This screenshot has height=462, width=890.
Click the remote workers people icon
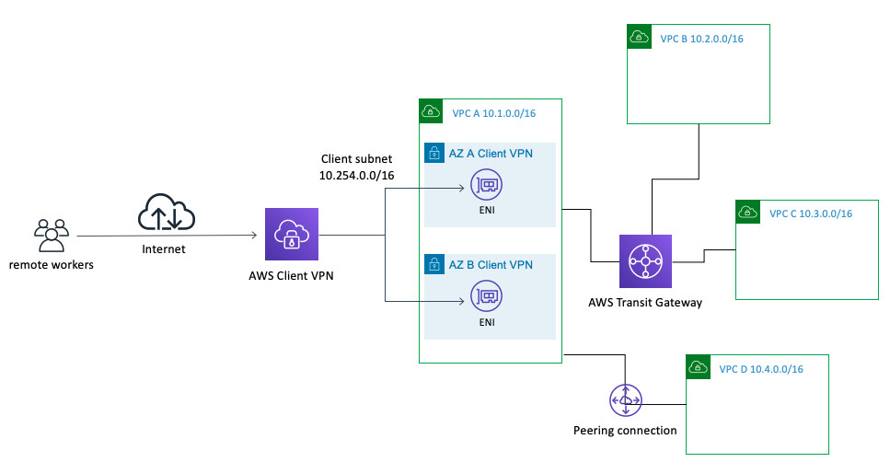pos(52,235)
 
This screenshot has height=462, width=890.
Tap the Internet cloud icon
pos(167,213)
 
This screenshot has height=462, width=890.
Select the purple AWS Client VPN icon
pos(292,234)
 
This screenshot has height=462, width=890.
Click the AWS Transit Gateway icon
pos(645,261)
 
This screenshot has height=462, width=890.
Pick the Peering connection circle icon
pos(626,400)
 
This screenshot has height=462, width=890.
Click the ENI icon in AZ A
pos(487,184)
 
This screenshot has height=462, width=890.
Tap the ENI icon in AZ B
pos(487,295)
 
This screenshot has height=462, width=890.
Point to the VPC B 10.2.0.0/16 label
pos(701,39)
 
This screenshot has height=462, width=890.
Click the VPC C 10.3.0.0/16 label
pos(811,214)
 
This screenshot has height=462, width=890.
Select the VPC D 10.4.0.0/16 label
pos(761,369)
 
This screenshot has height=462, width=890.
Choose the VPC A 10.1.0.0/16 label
pos(494,113)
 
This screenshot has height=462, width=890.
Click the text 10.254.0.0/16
pos(356,176)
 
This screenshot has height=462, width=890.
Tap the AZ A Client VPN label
pos(491,154)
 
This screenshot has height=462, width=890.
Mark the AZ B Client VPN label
pos(491,264)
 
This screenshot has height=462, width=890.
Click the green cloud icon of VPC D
pos(699,367)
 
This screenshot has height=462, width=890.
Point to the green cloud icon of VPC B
pos(639,36)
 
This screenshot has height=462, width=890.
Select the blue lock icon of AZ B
pos(434,264)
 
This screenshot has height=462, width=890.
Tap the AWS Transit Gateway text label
pos(645,303)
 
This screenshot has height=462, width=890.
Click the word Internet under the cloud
pos(164,248)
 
